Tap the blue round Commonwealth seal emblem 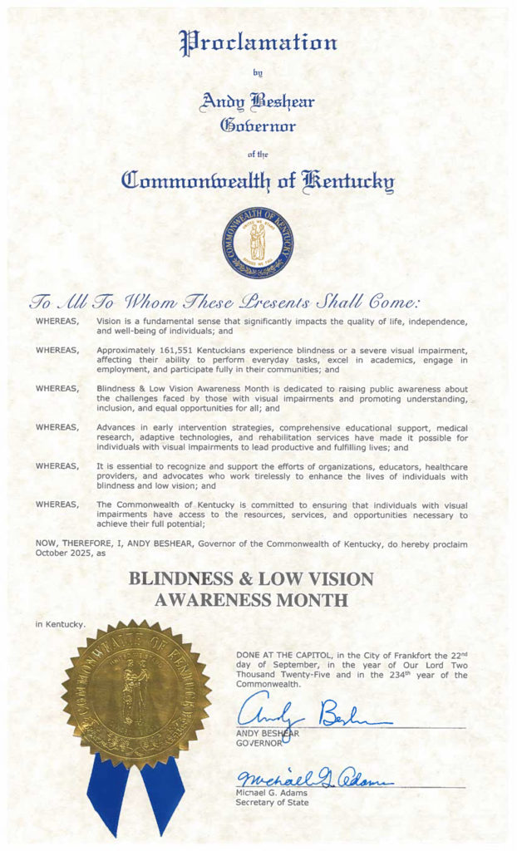point(258,243)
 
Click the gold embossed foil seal point(136,695)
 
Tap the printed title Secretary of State point(272,802)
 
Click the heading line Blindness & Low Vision point(251,579)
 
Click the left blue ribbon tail point(109,798)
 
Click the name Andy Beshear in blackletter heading point(257,101)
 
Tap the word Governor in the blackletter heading point(257,125)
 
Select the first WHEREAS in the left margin point(59,320)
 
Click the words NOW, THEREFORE point(73,544)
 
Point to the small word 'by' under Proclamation point(257,73)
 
